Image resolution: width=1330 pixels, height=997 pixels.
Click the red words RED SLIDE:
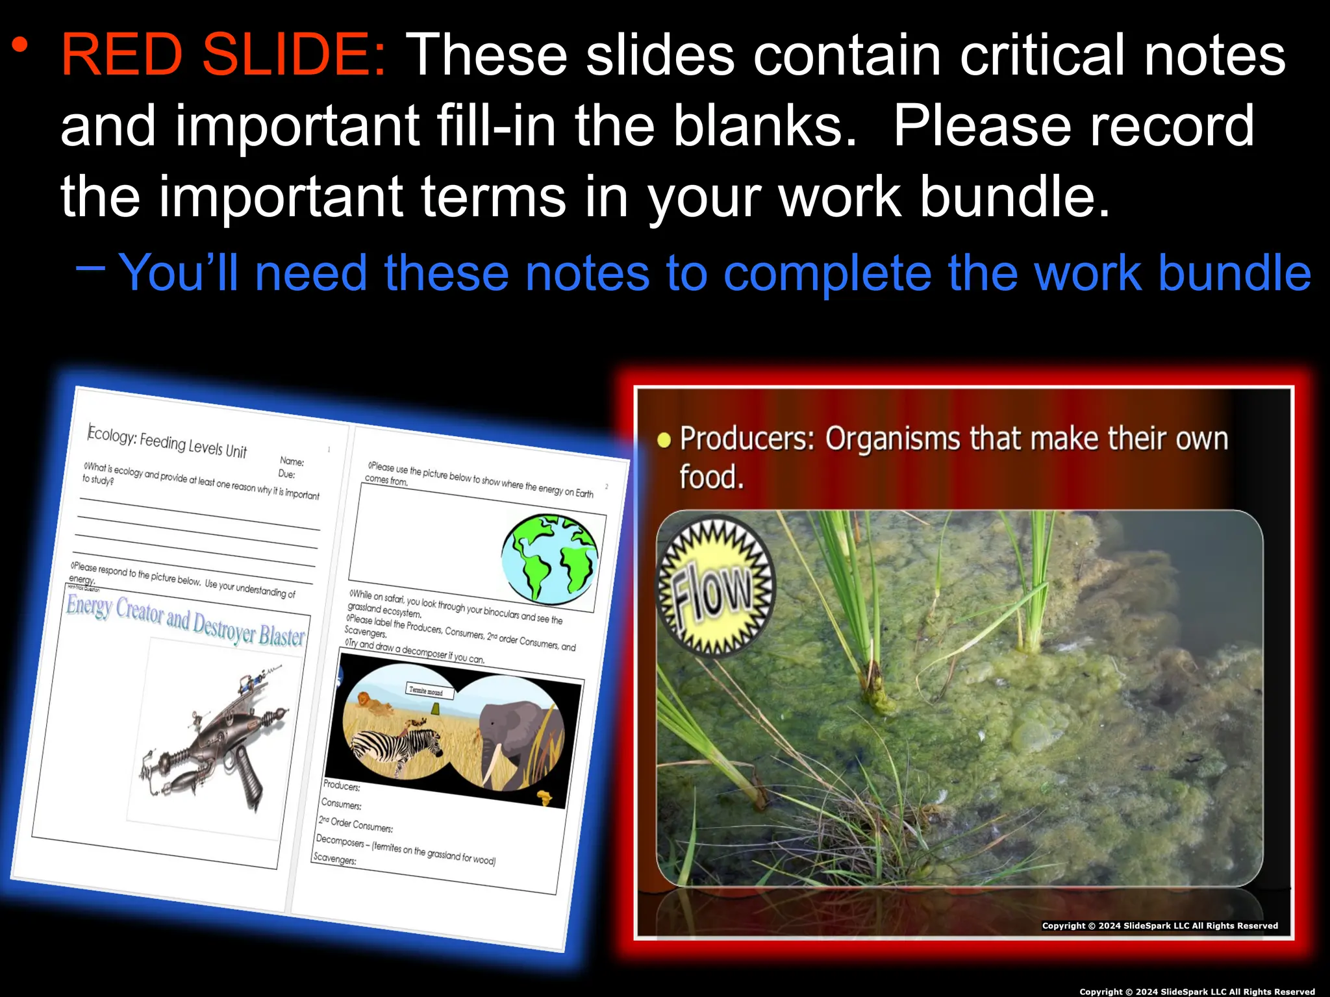pyautogui.click(x=223, y=55)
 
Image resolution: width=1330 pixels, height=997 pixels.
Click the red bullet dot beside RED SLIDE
pyautogui.click(x=20, y=45)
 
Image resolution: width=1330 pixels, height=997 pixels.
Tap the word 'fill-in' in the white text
pyautogui.click(x=496, y=126)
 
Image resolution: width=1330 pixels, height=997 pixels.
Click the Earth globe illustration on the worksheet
pyautogui.click(x=550, y=558)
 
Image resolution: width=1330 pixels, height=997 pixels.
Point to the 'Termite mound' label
pyautogui.click(x=426, y=691)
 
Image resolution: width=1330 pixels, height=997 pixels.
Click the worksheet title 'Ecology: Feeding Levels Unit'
pyautogui.click(x=167, y=442)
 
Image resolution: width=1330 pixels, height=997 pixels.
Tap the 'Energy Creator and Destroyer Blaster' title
pyautogui.click(x=185, y=620)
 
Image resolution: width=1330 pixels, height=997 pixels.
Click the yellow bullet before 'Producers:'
pyautogui.click(x=664, y=441)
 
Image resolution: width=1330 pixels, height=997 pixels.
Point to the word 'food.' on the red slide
pyautogui.click(x=711, y=477)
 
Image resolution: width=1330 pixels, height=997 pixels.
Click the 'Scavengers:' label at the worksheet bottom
pyautogui.click(x=335, y=858)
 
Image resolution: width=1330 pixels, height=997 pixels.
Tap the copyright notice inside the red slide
pyautogui.click(x=1159, y=926)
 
